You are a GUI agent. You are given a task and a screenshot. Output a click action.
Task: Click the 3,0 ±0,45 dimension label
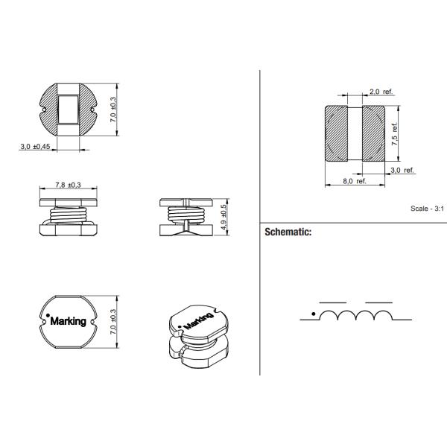coord(35,147)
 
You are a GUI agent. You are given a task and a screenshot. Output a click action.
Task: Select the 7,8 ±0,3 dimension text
coord(68,184)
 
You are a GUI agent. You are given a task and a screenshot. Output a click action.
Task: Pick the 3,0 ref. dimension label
coord(402,170)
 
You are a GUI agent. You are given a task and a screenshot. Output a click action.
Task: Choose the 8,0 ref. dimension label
coord(354,181)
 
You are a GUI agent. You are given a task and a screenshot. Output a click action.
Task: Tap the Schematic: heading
coord(288,232)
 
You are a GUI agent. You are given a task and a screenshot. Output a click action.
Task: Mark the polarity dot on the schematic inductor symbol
coord(313,312)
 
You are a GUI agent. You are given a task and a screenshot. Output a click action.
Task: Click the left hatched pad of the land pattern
coord(340,134)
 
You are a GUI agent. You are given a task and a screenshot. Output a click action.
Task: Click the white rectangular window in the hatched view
coord(68,109)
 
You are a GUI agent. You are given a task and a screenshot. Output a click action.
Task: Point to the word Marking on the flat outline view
coord(70,321)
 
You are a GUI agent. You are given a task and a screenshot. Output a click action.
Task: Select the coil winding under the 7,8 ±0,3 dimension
coord(69,216)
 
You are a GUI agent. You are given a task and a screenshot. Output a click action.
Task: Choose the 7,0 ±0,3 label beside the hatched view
coord(113,110)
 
